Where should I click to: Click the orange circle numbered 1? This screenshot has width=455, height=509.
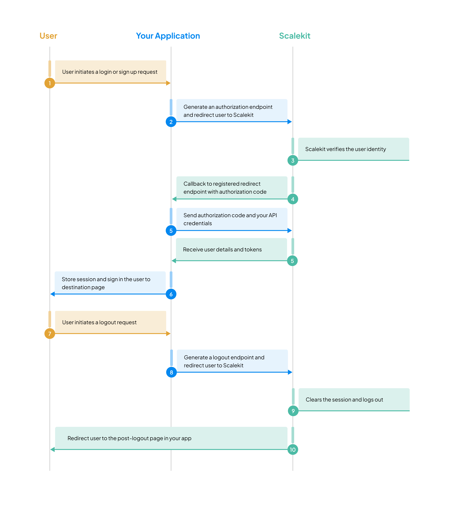pos(50,83)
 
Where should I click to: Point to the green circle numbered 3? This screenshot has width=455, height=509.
pos(293,160)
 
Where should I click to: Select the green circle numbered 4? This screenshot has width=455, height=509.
pos(293,199)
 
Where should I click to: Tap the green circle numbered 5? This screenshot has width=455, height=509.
pos(292,261)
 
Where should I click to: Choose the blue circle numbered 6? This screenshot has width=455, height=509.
pos(171,294)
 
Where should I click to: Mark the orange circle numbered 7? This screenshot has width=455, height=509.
pos(50,334)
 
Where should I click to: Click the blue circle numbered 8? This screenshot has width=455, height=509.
pos(172,372)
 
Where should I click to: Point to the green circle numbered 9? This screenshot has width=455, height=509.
pos(293,411)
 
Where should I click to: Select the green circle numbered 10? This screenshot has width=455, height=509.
pos(293,449)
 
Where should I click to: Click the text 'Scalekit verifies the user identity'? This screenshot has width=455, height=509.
pos(345,149)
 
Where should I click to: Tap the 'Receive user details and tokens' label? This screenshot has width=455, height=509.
pos(222,249)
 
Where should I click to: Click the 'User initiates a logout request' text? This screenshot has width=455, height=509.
pos(99,322)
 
